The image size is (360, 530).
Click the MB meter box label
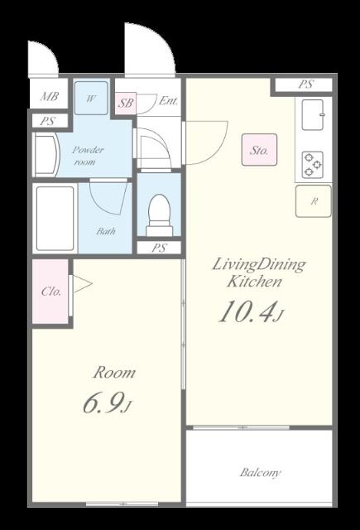click(x=50, y=97)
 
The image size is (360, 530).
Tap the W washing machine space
click(x=91, y=98)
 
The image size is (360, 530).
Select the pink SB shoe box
click(x=126, y=103)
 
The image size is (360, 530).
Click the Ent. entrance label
click(x=168, y=101)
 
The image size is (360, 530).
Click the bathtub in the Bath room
click(x=55, y=219)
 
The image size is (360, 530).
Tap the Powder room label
click(x=87, y=156)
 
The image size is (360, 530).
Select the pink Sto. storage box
click(x=259, y=149)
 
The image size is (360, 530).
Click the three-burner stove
click(x=312, y=165)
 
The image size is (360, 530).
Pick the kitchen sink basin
click(x=313, y=115)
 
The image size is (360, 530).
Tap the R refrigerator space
click(x=314, y=201)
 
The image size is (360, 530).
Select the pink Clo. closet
click(x=50, y=291)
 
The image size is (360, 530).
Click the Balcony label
click(x=260, y=472)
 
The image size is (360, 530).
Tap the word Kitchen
click(x=254, y=282)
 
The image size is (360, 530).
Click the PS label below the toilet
click(x=159, y=248)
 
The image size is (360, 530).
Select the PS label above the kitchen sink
click(x=305, y=84)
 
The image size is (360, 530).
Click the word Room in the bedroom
click(x=114, y=373)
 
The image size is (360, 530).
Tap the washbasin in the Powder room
click(x=47, y=156)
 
